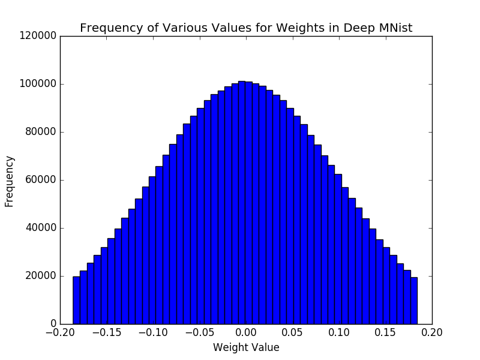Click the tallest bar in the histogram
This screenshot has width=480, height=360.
[242, 204]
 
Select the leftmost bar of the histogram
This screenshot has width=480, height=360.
[76, 300]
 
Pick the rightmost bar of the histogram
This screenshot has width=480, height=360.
[414, 301]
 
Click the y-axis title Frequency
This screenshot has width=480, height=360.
[10, 181]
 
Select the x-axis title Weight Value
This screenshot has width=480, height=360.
[246, 347]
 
